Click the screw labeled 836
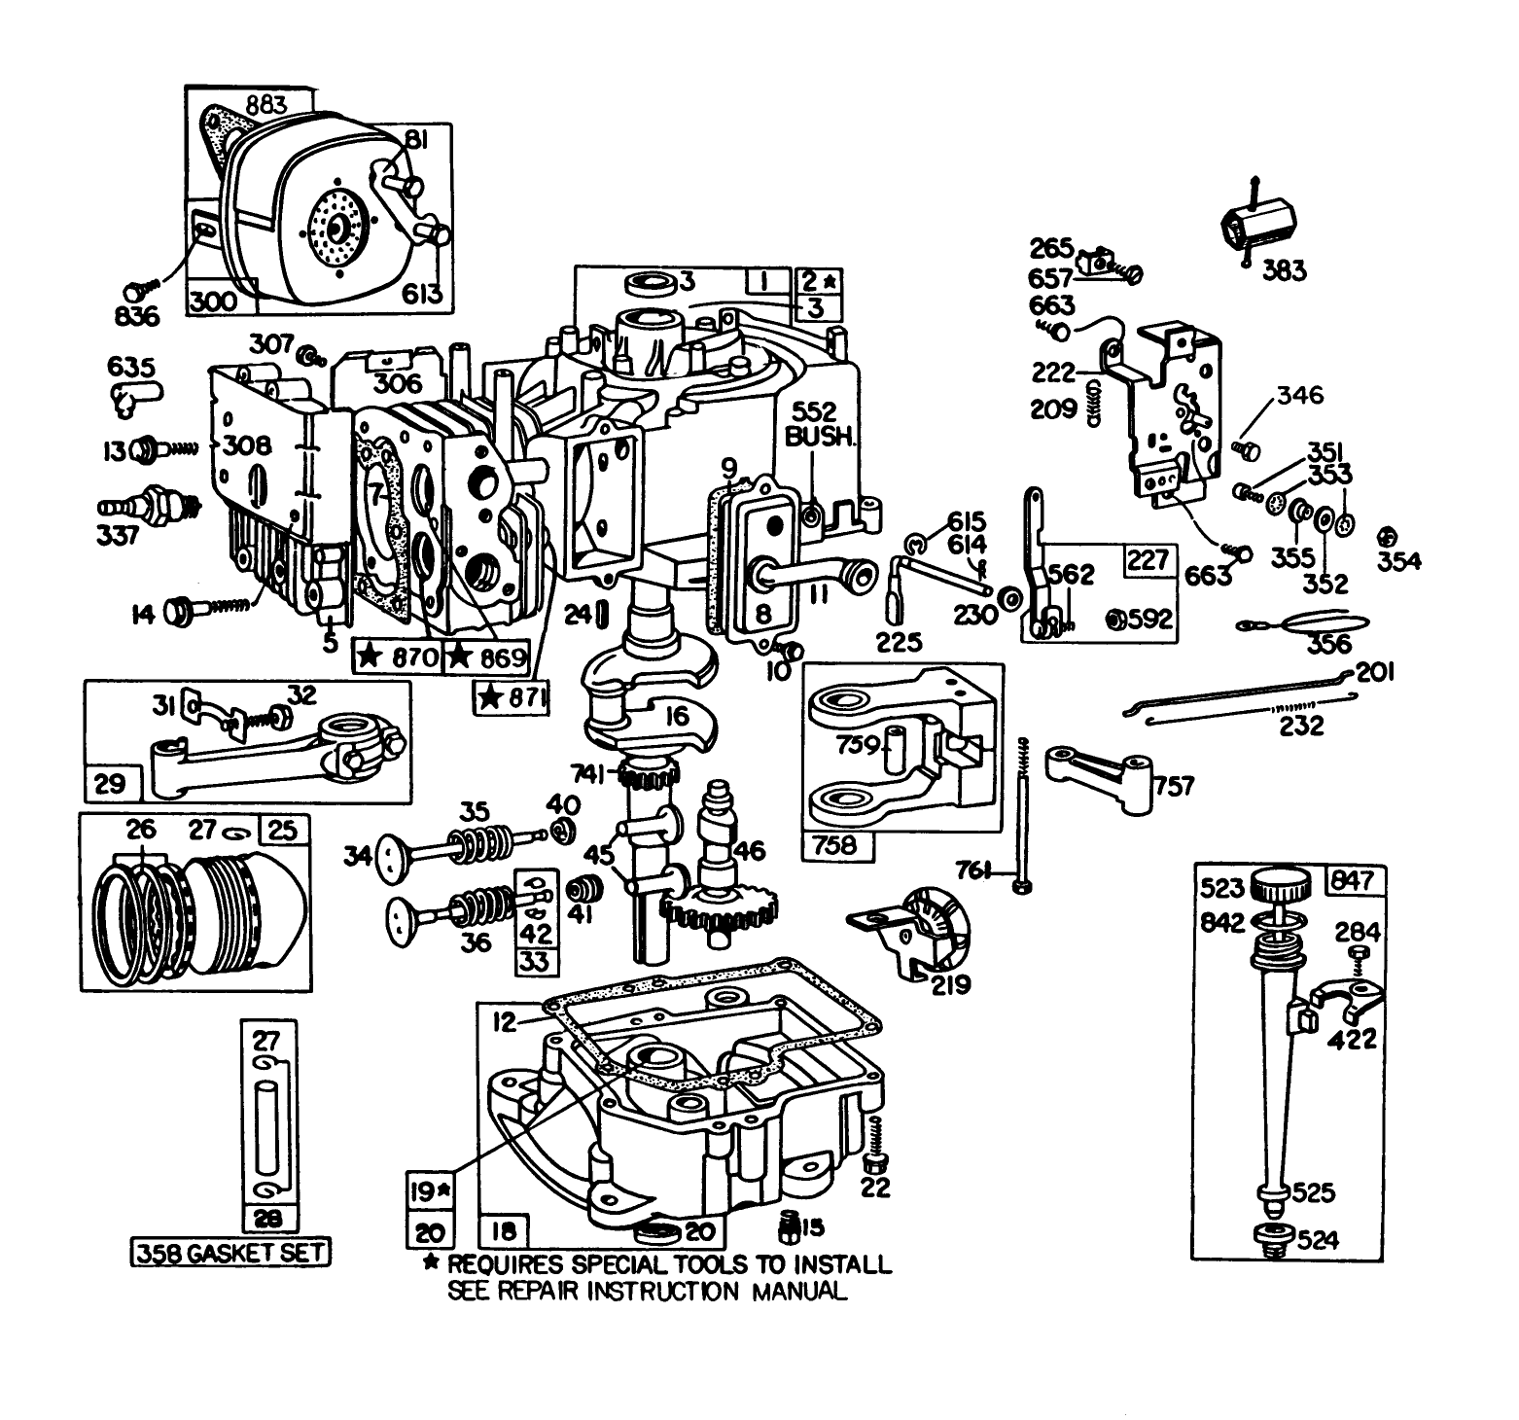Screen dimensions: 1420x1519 (136, 289)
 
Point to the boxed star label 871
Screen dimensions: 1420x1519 (511, 697)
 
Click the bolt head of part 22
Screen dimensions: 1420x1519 (872, 1162)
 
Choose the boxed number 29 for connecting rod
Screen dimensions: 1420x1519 (110, 783)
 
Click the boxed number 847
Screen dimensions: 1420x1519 (1356, 881)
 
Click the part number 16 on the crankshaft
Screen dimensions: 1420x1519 (677, 717)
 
